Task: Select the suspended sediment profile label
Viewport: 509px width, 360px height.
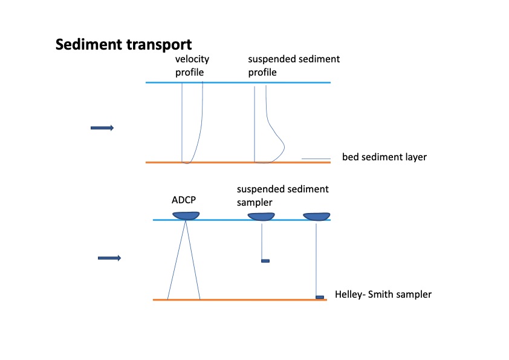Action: pyautogui.click(x=294, y=65)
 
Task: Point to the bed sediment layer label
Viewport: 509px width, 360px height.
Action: pyautogui.click(x=384, y=157)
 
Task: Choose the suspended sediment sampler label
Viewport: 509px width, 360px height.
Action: pyautogui.click(x=283, y=195)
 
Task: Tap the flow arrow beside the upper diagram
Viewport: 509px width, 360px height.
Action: pyautogui.click(x=102, y=128)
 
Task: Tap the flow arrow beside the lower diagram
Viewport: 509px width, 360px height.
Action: pyautogui.click(x=109, y=258)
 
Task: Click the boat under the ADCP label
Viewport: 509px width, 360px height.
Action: pyautogui.click(x=187, y=215)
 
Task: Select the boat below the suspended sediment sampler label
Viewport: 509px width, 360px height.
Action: pyautogui.click(x=262, y=216)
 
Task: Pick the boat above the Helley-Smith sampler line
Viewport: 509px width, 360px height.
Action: pyautogui.click(x=316, y=216)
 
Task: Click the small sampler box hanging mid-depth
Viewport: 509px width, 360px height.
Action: pyautogui.click(x=265, y=261)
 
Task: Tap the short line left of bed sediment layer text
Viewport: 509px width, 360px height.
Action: pyautogui.click(x=316, y=159)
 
